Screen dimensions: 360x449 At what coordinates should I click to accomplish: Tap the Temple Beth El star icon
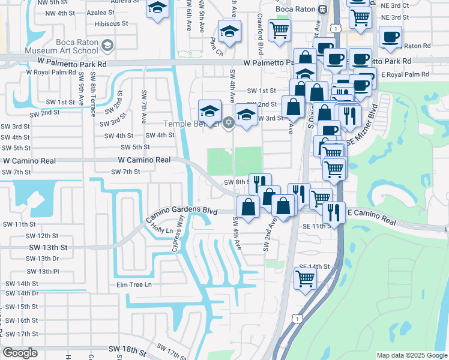point(228,124)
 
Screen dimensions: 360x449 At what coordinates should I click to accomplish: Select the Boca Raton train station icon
point(322,9)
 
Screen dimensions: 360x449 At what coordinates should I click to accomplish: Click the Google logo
point(19,353)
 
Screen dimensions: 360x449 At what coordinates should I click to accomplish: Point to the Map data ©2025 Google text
point(411,355)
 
